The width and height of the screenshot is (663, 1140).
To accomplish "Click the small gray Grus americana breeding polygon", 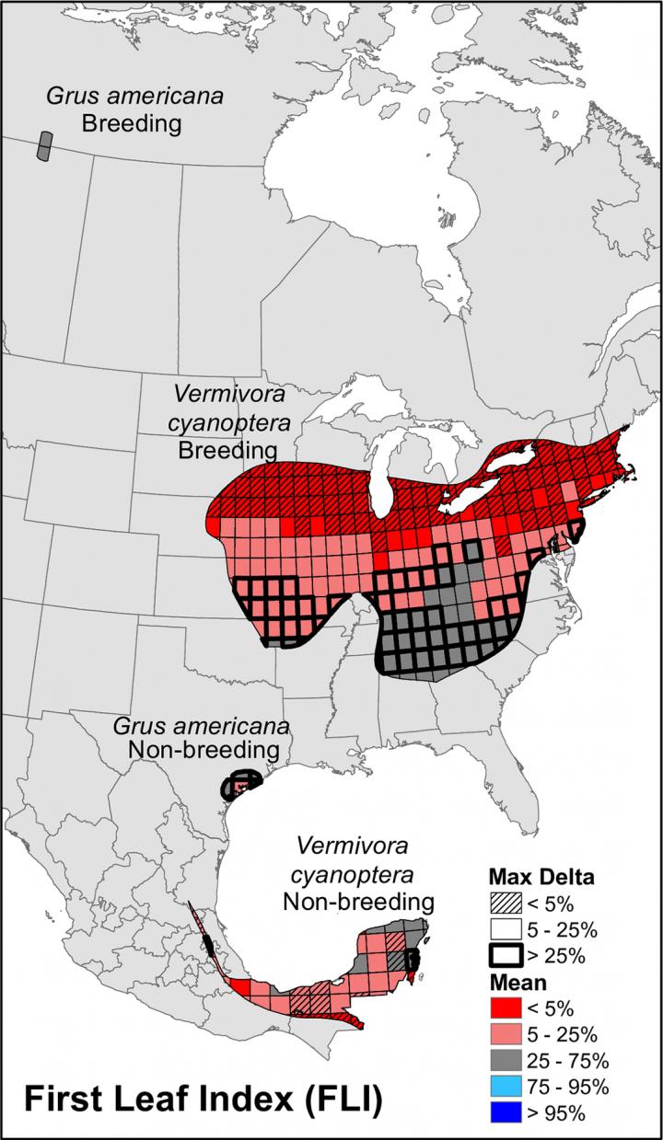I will [x=44, y=146].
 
